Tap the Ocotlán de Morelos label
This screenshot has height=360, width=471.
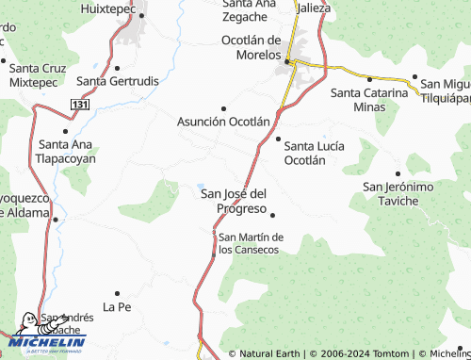pyautogui.click(x=252, y=47)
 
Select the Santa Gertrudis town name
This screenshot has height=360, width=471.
pyautogui.click(x=118, y=81)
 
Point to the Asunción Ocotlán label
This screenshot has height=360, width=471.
pyautogui.click(x=224, y=122)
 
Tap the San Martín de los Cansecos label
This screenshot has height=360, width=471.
pyautogui.click(x=250, y=243)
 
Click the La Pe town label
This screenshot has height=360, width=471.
pyautogui.click(x=116, y=307)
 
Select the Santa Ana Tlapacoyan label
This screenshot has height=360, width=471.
pyautogui.click(x=66, y=151)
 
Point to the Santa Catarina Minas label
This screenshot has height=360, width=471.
pyautogui.click(x=369, y=100)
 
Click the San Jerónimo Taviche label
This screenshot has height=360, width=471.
pyautogui.click(x=398, y=194)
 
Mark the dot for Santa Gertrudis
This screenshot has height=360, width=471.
pyautogui.click(x=117, y=68)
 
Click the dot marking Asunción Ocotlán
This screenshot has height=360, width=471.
pyautogui.click(x=223, y=108)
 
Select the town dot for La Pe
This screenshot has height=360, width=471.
pyautogui.click(x=117, y=293)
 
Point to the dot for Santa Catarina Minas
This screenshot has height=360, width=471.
pyautogui.click(x=369, y=79)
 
